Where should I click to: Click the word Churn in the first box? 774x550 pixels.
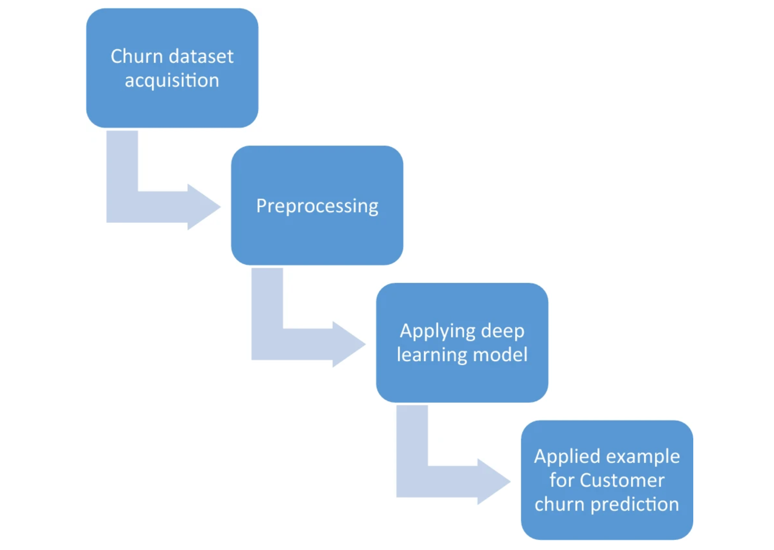click(136, 57)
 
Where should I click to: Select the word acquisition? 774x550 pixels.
click(172, 81)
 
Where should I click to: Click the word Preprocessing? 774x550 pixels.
click(317, 206)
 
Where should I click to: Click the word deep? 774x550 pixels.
click(502, 331)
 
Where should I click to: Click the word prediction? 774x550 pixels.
click(634, 505)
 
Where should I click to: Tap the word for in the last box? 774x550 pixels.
click(561, 480)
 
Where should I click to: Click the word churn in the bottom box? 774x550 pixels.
click(559, 505)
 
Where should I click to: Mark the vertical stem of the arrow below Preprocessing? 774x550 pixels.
click(267, 302)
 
